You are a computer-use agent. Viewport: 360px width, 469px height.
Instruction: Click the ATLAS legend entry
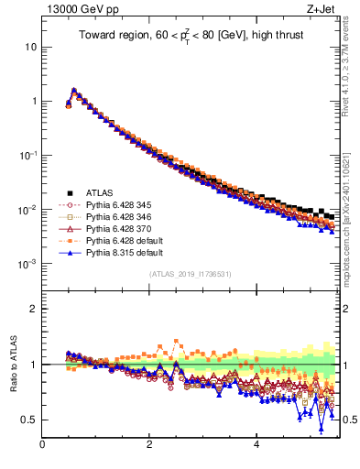click(x=100, y=192)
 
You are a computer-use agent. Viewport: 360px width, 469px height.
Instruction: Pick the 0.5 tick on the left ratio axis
click(x=29, y=420)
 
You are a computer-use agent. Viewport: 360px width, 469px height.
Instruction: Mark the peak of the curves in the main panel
click(x=74, y=90)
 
